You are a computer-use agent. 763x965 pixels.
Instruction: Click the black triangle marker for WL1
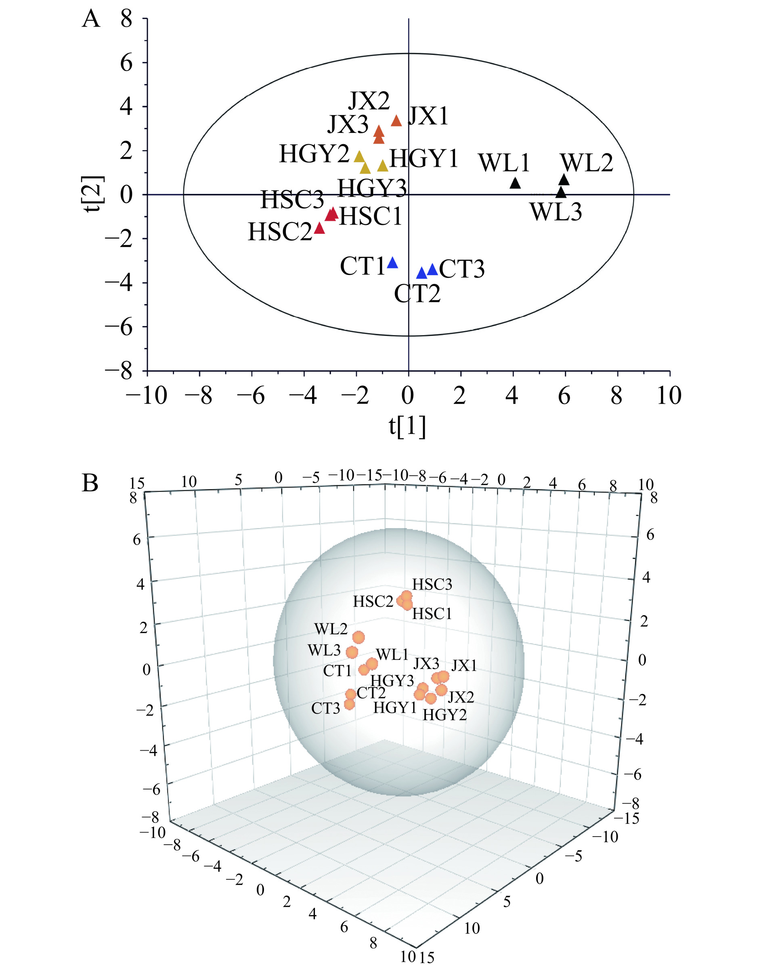click(x=515, y=184)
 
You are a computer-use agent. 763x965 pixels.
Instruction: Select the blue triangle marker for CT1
click(x=392, y=263)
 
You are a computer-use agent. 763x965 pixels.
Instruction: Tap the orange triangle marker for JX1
click(x=396, y=121)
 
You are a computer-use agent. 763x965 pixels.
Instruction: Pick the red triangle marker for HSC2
click(x=319, y=228)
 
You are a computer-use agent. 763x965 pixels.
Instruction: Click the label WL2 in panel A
click(x=587, y=163)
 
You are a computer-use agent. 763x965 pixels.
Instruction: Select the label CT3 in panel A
click(x=461, y=269)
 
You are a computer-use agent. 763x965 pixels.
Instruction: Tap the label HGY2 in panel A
click(x=314, y=155)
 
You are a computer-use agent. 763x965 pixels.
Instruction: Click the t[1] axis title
click(x=407, y=427)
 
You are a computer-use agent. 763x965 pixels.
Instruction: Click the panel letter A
click(x=91, y=20)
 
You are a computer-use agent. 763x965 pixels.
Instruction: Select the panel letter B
click(x=90, y=483)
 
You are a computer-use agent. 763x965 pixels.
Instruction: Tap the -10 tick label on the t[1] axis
click(x=147, y=396)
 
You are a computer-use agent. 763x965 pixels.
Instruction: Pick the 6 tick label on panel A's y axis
click(x=126, y=63)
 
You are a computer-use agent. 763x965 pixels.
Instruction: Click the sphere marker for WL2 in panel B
click(x=358, y=637)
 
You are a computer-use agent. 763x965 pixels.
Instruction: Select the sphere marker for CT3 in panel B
click(x=349, y=705)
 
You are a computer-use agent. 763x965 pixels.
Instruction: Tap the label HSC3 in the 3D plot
click(x=432, y=584)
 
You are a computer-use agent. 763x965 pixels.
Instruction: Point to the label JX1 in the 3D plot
click(x=464, y=666)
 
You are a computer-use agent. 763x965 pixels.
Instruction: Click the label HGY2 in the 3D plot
click(x=444, y=715)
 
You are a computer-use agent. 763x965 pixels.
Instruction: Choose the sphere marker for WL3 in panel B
click(x=352, y=652)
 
